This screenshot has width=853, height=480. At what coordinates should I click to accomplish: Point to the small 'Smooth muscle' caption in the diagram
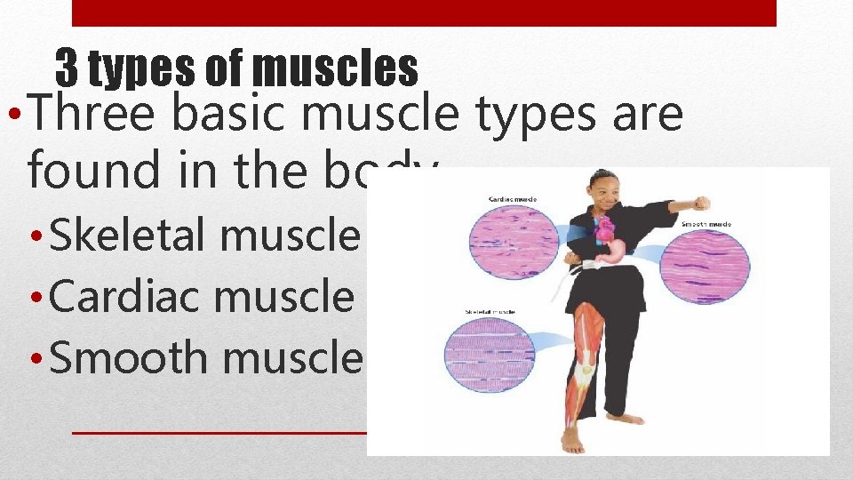(706, 225)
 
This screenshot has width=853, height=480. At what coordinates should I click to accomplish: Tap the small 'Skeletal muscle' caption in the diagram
(490, 313)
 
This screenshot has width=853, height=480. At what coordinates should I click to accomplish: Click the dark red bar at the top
(423, 12)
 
